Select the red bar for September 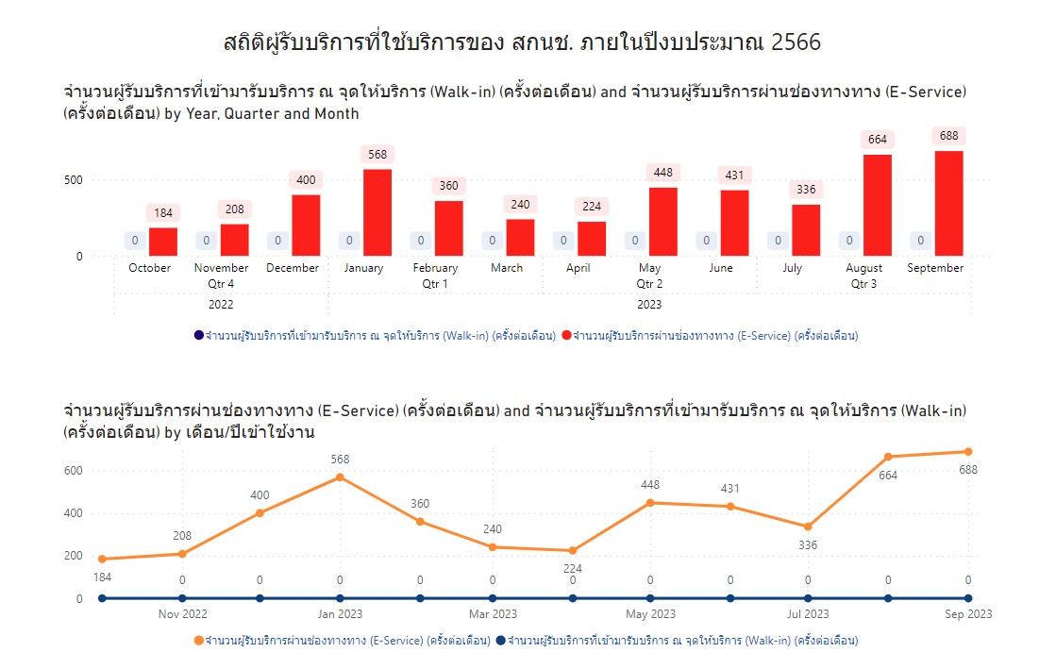point(949,203)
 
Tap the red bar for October point(163,242)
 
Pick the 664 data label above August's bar point(878,140)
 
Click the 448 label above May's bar point(663,173)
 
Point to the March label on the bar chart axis point(507,268)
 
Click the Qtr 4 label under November point(221,283)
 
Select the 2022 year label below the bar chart point(221,305)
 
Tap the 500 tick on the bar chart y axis point(73,180)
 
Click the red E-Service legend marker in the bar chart point(566,336)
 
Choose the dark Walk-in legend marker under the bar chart point(198,336)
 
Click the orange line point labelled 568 point(340,477)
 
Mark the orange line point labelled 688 point(968,452)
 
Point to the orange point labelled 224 point(573,550)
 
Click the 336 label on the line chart point(808,545)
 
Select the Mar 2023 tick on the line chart point(492,614)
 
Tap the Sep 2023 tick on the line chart point(968,614)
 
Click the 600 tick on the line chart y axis point(73,471)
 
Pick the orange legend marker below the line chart point(198,641)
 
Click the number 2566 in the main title point(796,42)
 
